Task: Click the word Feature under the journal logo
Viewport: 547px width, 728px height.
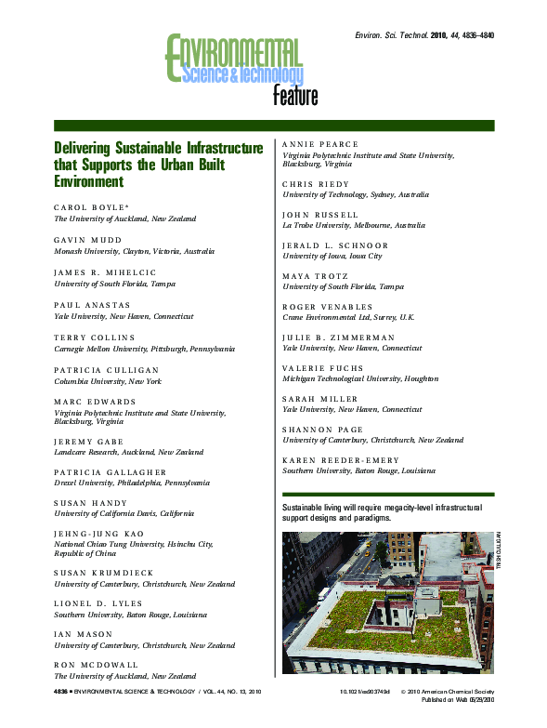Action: pyautogui.click(x=294, y=95)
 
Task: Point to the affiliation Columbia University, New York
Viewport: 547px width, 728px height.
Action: pyautogui.click(x=108, y=381)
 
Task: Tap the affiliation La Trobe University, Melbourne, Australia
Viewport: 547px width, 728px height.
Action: pyautogui.click(x=342, y=225)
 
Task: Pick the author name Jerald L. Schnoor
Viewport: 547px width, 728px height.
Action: pyautogui.click(x=335, y=245)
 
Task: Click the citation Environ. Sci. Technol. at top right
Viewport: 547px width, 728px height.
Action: pyautogui.click(x=390, y=34)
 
